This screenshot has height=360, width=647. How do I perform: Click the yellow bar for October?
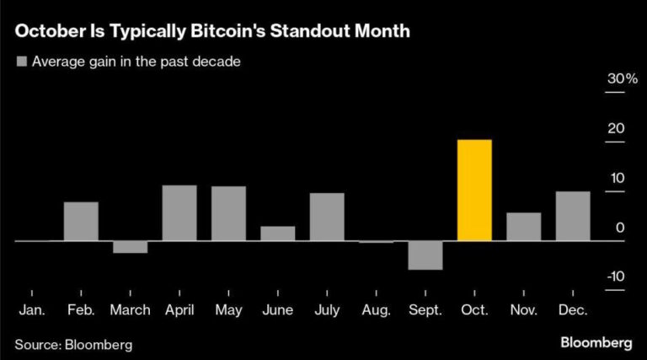coord(474,190)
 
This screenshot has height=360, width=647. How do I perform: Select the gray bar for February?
coord(81,221)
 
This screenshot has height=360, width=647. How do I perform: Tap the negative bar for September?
coord(425,255)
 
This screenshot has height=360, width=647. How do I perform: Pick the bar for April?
coord(179,212)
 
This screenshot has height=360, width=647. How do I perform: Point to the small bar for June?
coord(278,234)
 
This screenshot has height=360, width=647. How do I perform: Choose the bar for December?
coord(573,216)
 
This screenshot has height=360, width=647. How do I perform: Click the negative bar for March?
coord(130,247)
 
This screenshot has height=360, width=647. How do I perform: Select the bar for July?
coord(327,217)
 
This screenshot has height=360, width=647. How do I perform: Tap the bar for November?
coord(524,227)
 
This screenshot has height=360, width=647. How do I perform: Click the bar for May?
coord(228,213)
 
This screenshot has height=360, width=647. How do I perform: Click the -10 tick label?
coord(616,277)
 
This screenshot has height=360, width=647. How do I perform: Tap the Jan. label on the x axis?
coord(32,310)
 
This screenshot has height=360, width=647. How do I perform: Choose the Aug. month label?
coord(376,310)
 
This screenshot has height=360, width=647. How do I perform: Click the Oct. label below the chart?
coord(474,310)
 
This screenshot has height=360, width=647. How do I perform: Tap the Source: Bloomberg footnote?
coord(73,344)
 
